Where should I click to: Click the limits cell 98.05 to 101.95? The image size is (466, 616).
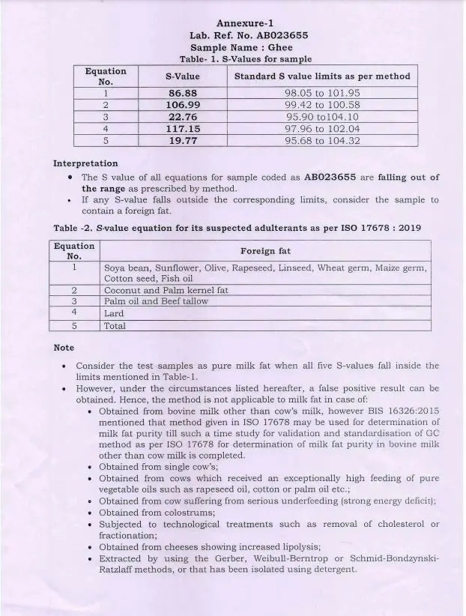(x=322, y=93)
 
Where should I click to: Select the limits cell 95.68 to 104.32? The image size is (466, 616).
(x=322, y=141)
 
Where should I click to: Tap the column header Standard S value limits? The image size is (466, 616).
(x=322, y=76)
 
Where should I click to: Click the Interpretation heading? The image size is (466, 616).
(x=85, y=163)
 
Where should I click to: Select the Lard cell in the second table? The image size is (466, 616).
(x=114, y=313)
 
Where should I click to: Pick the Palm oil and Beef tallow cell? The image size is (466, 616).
(x=156, y=301)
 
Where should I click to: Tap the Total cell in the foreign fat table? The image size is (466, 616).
(x=115, y=326)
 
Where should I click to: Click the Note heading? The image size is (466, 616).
(x=64, y=348)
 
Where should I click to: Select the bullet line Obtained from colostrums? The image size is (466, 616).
(x=157, y=513)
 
